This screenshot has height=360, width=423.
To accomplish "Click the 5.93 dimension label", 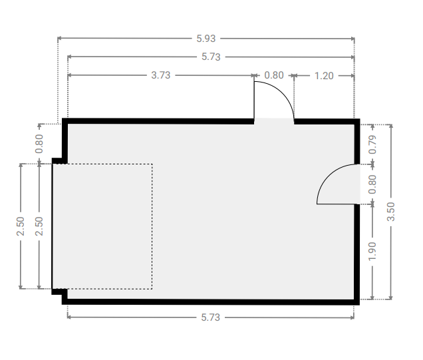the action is (x=206, y=39).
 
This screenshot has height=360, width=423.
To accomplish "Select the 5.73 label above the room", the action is (x=211, y=57).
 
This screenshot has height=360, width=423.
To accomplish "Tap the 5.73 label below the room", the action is (x=210, y=317).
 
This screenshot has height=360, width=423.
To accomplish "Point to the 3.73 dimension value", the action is (x=161, y=75).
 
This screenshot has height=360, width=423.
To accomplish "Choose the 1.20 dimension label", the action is (x=324, y=76).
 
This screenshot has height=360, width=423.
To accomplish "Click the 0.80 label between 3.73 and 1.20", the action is (x=274, y=75).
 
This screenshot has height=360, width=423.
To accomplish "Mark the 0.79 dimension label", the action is (x=372, y=144).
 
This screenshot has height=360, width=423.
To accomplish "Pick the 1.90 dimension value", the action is (x=372, y=252).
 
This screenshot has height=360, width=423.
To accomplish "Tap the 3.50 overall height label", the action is (x=391, y=212).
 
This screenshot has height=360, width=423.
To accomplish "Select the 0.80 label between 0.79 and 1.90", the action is (x=372, y=184).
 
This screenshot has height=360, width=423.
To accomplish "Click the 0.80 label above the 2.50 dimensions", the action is (x=39, y=144).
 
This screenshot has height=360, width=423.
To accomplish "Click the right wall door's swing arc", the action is (x=326, y=176).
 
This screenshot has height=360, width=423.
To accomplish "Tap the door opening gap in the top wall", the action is (x=274, y=121).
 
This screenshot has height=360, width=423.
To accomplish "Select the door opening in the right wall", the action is (x=357, y=184).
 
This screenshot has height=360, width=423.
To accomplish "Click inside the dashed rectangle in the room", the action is (x=102, y=226).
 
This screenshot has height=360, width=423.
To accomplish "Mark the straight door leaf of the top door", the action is (x=254, y=100).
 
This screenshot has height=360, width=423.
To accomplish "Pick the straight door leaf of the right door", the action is (x=339, y=204).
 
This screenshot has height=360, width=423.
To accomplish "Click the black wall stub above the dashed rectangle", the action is (x=59, y=161).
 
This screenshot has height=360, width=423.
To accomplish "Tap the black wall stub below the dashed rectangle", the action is (x=59, y=291).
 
